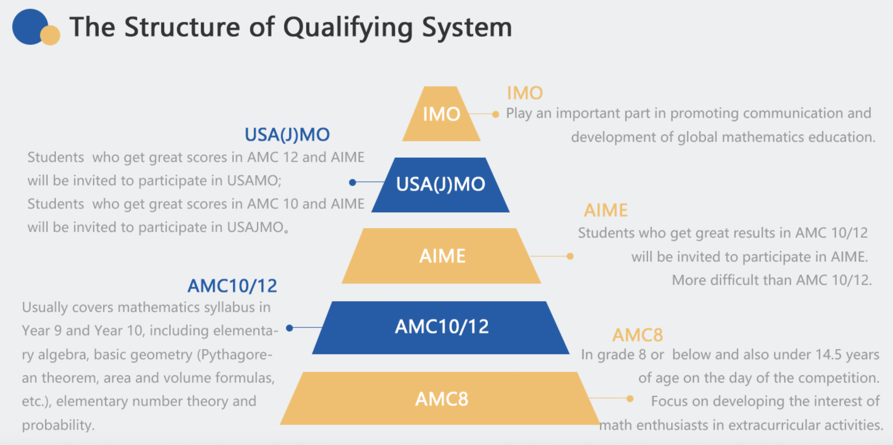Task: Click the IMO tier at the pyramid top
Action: pyautogui.click(x=441, y=114)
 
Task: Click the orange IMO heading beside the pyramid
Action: pyautogui.click(x=525, y=93)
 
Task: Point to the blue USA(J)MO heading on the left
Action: pyautogui.click(x=287, y=135)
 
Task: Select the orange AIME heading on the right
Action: pyautogui.click(x=606, y=210)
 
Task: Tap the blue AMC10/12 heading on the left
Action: pyautogui.click(x=232, y=286)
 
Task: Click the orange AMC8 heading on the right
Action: pyautogui.click(x=638, y=335)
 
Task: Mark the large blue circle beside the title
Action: pyautogui.click(x=29, y=27)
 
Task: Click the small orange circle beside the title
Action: pyautogui.click(x=50, y=35)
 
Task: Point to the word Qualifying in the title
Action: pyautogui.click(x=348, y=27)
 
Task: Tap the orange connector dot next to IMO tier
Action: pyautogui.click(x=496, y=114)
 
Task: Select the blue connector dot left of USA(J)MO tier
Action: pyautogui.click(x=353, y=182)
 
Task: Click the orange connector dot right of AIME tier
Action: pyautogui.click(x=570, y=256)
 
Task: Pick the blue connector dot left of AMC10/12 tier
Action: pyautogui.click(x=289, y=328)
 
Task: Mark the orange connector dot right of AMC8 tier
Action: pyautogui.click(x=630, y=399)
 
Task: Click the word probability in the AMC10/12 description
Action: pyautogui.click(x=58, y=425)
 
